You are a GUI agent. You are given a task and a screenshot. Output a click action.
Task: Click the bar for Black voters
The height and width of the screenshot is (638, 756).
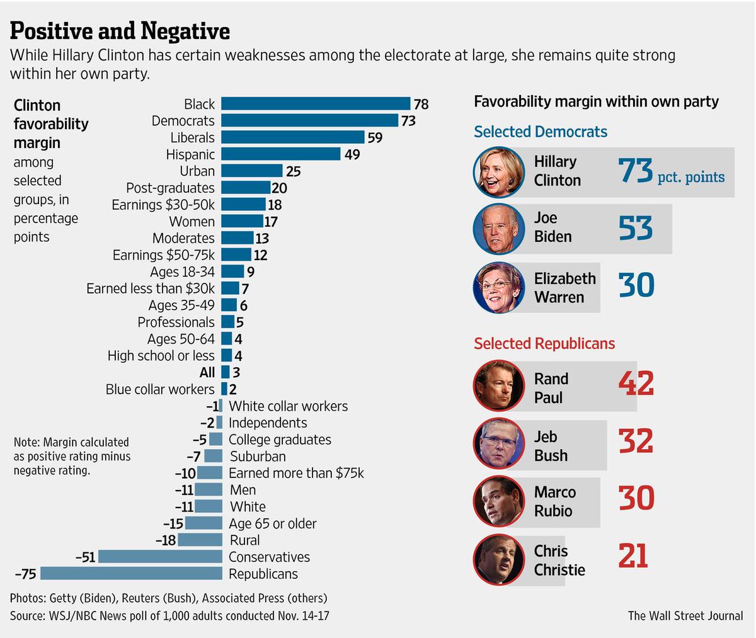pos(315,104)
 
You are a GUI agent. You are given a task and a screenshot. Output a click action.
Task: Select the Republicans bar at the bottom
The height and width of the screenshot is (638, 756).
pos(131,574)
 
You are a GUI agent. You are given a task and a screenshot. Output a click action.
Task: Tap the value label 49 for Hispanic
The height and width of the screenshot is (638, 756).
pos(352,154)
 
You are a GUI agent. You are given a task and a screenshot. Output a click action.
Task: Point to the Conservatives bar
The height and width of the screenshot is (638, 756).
pos(160,557)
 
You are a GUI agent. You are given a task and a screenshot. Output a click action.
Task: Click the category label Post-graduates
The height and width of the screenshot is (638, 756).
pos(170,188)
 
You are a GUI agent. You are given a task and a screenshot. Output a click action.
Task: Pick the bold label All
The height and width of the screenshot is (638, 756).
pos(207,372)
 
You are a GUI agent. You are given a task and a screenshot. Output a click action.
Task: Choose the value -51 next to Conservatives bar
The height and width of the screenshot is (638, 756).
pos(85,557)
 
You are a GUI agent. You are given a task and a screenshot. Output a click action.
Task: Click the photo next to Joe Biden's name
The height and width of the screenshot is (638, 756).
pos(499,229)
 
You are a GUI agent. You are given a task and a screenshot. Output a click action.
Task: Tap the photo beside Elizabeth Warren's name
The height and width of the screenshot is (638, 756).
pos(499,288)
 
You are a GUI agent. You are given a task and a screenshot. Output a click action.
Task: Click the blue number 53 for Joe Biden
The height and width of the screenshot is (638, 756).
pos(635,228)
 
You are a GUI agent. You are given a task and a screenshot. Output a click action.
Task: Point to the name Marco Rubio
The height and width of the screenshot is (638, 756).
pos(554,501)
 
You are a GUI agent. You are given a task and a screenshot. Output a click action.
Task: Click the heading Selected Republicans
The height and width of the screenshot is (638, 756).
pos(544,343)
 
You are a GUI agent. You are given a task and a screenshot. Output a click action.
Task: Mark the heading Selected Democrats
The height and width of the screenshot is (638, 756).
pos(541,132)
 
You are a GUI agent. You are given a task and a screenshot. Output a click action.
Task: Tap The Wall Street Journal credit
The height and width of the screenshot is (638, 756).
pos(685,615)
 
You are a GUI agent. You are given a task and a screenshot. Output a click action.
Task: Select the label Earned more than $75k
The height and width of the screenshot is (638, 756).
pos(296,473)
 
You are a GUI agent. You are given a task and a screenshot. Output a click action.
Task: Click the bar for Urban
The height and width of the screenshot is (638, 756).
pos(251,171)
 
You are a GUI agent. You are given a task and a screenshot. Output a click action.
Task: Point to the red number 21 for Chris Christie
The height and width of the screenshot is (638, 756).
pos(633,556)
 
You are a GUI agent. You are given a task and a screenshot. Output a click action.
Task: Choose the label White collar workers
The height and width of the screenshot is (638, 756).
pos(288,406)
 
